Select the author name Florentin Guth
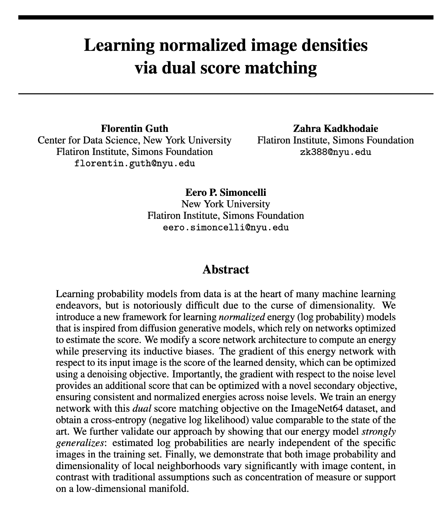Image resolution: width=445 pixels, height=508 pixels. pos(134,129)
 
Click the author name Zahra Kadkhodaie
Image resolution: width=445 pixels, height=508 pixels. pos(335,129)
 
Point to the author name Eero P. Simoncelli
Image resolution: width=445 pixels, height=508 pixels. pos(226,193)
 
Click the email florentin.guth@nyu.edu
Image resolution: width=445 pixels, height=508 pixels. pos(134,163)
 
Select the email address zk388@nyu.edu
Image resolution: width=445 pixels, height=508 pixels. pos(335,152)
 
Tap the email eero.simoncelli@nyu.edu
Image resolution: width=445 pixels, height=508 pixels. pos(226,227)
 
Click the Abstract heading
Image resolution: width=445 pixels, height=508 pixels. pos(226,269)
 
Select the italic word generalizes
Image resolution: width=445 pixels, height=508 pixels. pos(80,443)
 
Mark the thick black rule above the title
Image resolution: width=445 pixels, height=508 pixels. pos(226,17)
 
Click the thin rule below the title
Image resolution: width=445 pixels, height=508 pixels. pos(226,94)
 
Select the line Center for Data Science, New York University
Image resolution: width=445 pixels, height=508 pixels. pos(134,140)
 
